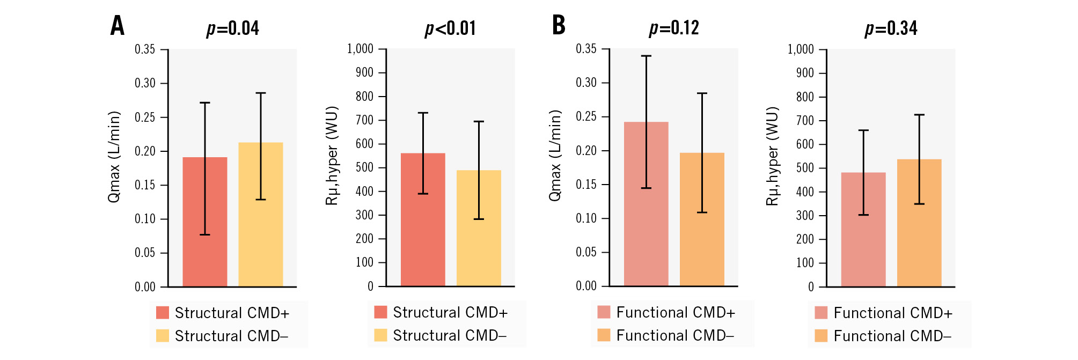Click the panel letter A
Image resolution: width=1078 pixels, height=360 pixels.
click(118, 26)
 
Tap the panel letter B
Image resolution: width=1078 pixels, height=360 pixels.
click(559, 25)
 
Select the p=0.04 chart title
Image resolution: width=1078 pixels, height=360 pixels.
click(233, 28)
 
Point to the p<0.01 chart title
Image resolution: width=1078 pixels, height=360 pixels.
click(450, 28)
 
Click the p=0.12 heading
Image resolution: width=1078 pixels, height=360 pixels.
click(674, 28)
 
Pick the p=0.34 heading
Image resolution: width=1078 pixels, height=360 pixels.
click(891, 28)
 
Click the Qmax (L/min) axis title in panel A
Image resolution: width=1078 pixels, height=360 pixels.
click(114, 157)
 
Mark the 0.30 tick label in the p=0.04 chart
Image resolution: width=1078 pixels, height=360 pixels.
click(145, 83)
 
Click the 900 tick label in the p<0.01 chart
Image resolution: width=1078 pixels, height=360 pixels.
click(364, 72)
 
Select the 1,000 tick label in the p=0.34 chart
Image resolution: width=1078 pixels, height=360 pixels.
click(801, 49)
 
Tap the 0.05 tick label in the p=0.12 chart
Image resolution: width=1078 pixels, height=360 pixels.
click(586, 252)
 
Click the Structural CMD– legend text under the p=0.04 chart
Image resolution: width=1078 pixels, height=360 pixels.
click(231, 336)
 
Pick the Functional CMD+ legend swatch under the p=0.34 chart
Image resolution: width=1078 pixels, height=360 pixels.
click(820, 313)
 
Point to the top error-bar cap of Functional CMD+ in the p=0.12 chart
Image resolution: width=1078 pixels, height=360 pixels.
click(646, 56)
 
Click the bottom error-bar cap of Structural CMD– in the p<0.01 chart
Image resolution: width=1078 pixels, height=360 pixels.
click(479, 219)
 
